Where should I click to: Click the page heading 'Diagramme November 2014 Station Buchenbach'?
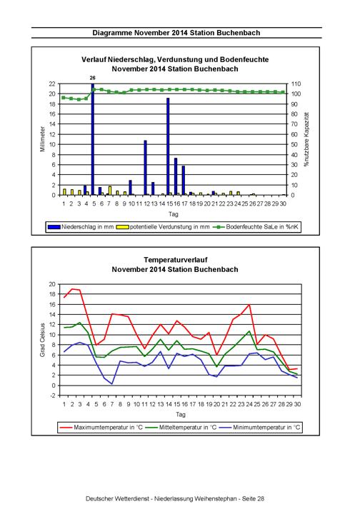(176, 33)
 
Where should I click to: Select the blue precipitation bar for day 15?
(168, 146)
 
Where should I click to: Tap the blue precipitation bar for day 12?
(145, 168)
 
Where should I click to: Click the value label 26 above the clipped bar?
(93, 78)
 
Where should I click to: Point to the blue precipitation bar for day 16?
(176, 176)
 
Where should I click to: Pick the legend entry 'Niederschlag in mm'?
(81, 227)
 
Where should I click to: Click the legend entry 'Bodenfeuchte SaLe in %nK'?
(256, 227)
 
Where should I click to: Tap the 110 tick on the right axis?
(296, 84)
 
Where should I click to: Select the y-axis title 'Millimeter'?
(42, 139)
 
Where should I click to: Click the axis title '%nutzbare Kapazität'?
(306, 139)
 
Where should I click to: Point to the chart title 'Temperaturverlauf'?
(176, 260)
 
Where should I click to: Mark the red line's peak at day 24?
(249, 305)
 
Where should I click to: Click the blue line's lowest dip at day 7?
(112, 384)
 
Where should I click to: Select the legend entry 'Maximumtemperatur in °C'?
(101, 427)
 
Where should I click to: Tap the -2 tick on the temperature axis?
(53, 395)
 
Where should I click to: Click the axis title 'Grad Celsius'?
(42, 340)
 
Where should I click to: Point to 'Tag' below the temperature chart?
(180, 414)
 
